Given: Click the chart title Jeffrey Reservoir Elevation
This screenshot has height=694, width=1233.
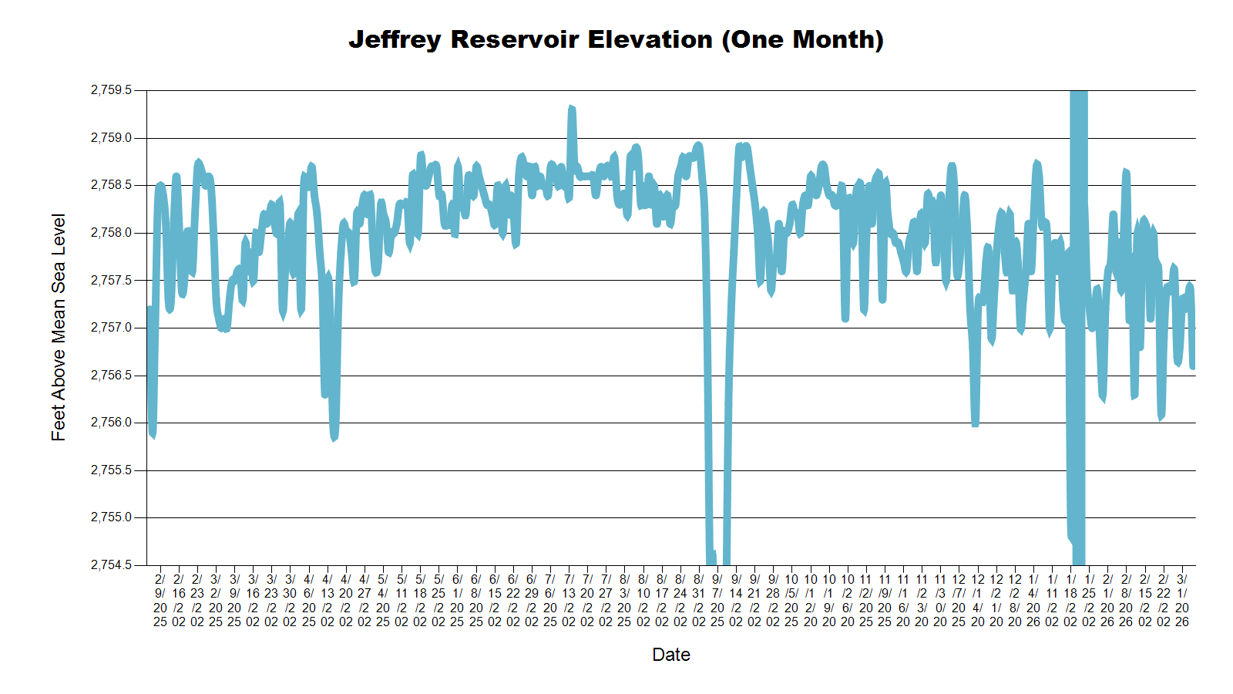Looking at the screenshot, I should (616, 39).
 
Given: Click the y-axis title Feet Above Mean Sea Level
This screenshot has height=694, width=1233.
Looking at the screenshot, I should (59, 327).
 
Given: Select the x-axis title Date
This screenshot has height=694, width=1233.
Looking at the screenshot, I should (670, 655).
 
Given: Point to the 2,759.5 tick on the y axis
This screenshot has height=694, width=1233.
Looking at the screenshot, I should (112, 90).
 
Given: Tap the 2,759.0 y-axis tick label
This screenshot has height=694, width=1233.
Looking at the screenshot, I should (112, 138).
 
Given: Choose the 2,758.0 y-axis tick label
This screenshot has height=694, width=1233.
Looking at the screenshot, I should (112, 233).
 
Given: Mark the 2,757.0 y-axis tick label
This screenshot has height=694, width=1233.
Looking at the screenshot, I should (112, 328).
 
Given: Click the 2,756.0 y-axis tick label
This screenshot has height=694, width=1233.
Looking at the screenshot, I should (112, 423).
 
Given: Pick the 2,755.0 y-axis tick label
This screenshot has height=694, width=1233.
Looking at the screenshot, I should (112, 517).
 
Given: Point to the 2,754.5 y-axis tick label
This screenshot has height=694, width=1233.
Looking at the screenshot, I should (112, 565).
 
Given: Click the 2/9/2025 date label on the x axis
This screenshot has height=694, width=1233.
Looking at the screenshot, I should (160, 600).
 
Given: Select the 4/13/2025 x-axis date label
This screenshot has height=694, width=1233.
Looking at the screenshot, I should (328, 600).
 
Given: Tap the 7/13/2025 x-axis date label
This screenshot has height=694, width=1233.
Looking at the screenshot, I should (569, 600).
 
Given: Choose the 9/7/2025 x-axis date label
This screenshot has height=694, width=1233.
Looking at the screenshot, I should (717, 600).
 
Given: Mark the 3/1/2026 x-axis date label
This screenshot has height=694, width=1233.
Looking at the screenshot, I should (1182, 600).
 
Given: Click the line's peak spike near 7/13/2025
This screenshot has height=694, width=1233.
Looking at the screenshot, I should (571, 108).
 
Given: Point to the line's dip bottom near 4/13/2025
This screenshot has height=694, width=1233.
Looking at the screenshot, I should (334, 438).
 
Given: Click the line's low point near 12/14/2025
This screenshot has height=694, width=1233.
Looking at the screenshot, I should (976, 424).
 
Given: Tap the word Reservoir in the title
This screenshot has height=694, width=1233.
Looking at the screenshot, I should (515, 39).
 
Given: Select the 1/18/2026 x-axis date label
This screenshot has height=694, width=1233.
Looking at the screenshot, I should (1070, 600).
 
